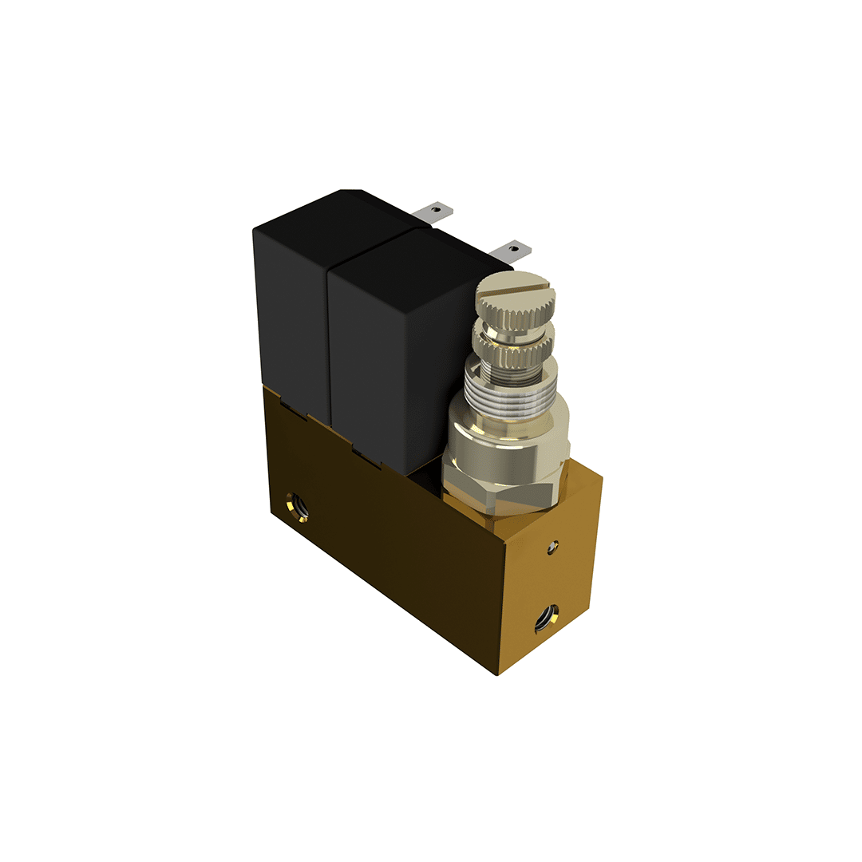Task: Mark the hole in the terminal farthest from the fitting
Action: [436, 210]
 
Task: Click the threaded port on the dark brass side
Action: [300, 504]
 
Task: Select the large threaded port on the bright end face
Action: [547, 617]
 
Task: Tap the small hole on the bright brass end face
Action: [552, 547]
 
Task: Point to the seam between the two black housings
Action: [327, 335]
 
